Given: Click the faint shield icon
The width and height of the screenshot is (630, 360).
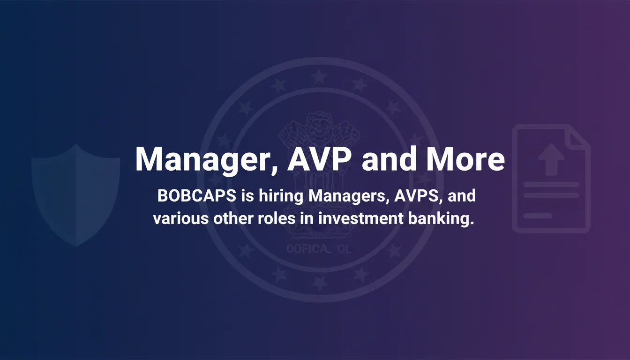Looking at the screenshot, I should click(x=75, y=195).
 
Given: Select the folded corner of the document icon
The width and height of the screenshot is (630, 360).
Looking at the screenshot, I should click(x=579, y=136).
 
